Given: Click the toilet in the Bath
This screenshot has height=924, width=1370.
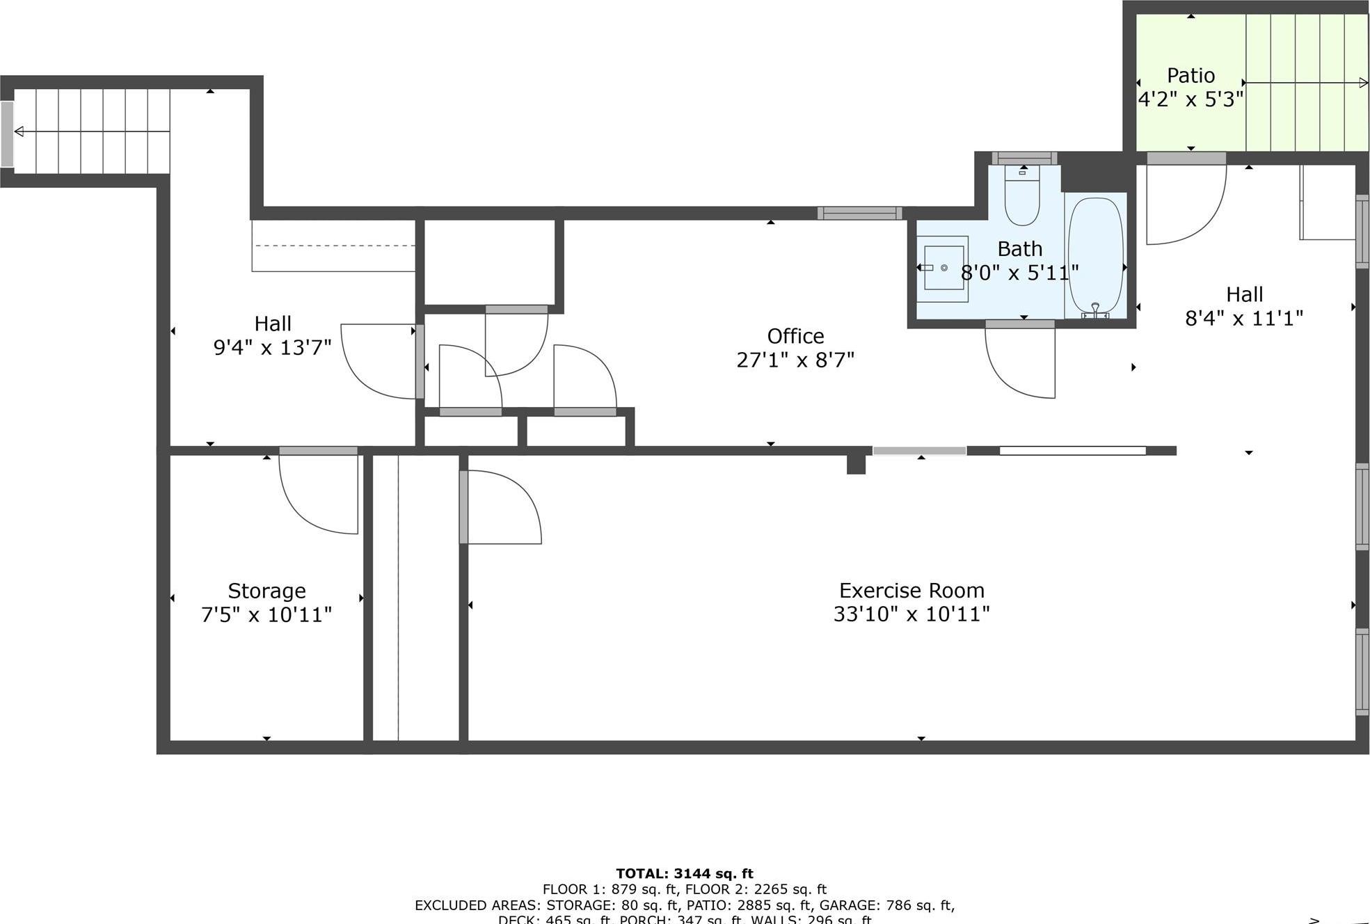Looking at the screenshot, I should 1022,198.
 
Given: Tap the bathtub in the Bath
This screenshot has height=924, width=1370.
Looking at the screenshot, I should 1095,255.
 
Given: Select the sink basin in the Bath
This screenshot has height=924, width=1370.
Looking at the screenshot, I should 943,268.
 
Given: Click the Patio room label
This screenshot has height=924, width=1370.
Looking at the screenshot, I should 1190,75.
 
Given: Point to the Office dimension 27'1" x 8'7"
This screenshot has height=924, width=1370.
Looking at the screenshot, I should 795,360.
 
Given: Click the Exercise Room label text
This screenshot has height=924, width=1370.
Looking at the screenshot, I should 911,591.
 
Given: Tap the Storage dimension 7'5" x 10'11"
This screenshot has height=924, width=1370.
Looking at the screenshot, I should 266,614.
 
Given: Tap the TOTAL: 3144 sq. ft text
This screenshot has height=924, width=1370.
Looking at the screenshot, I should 684,873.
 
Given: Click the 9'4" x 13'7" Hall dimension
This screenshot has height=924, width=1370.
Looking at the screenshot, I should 272,347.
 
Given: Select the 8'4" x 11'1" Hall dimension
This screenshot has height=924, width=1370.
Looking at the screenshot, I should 1243,318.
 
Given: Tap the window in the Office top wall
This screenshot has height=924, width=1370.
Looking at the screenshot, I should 859,213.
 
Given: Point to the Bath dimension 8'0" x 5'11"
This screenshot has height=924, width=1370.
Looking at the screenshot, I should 1019,272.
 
